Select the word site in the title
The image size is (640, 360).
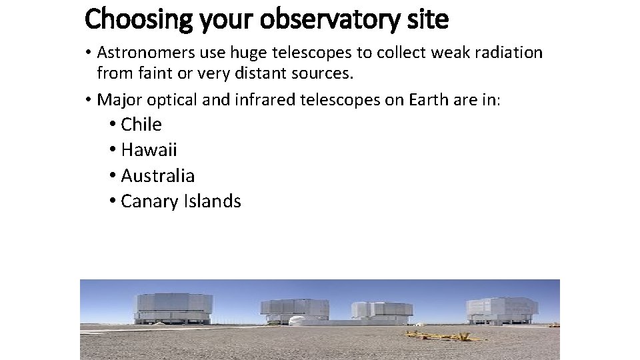[x=428, y=20]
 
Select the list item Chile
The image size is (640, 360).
[x=141, y=125]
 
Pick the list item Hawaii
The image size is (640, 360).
[x=149, y=150]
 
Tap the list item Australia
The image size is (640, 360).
[x=158, y=176]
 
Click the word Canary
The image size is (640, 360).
[x=149, y=201]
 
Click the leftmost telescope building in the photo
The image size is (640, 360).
[x=173, y=308]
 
